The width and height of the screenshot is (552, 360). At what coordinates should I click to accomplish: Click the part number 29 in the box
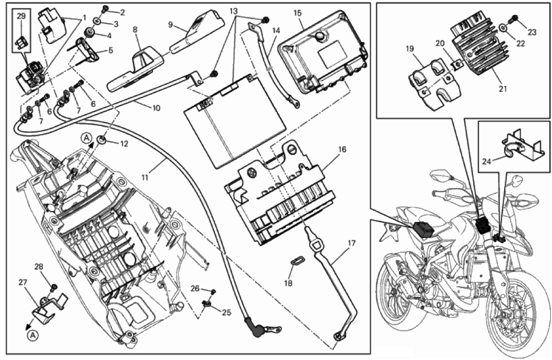pos(21,16)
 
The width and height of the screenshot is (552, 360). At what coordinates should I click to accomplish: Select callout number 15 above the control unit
pos(298,13)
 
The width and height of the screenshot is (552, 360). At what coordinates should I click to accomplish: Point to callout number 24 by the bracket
pos(487,162)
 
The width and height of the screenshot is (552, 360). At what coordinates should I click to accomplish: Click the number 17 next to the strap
pos(351,244)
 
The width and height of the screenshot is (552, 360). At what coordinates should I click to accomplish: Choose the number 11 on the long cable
pos(146,177)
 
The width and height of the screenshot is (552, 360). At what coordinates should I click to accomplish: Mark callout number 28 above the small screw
pos(39,267)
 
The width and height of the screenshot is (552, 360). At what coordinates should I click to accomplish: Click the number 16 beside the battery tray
pos(342,149)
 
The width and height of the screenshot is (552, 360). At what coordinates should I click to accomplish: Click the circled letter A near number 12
pos(86,138)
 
